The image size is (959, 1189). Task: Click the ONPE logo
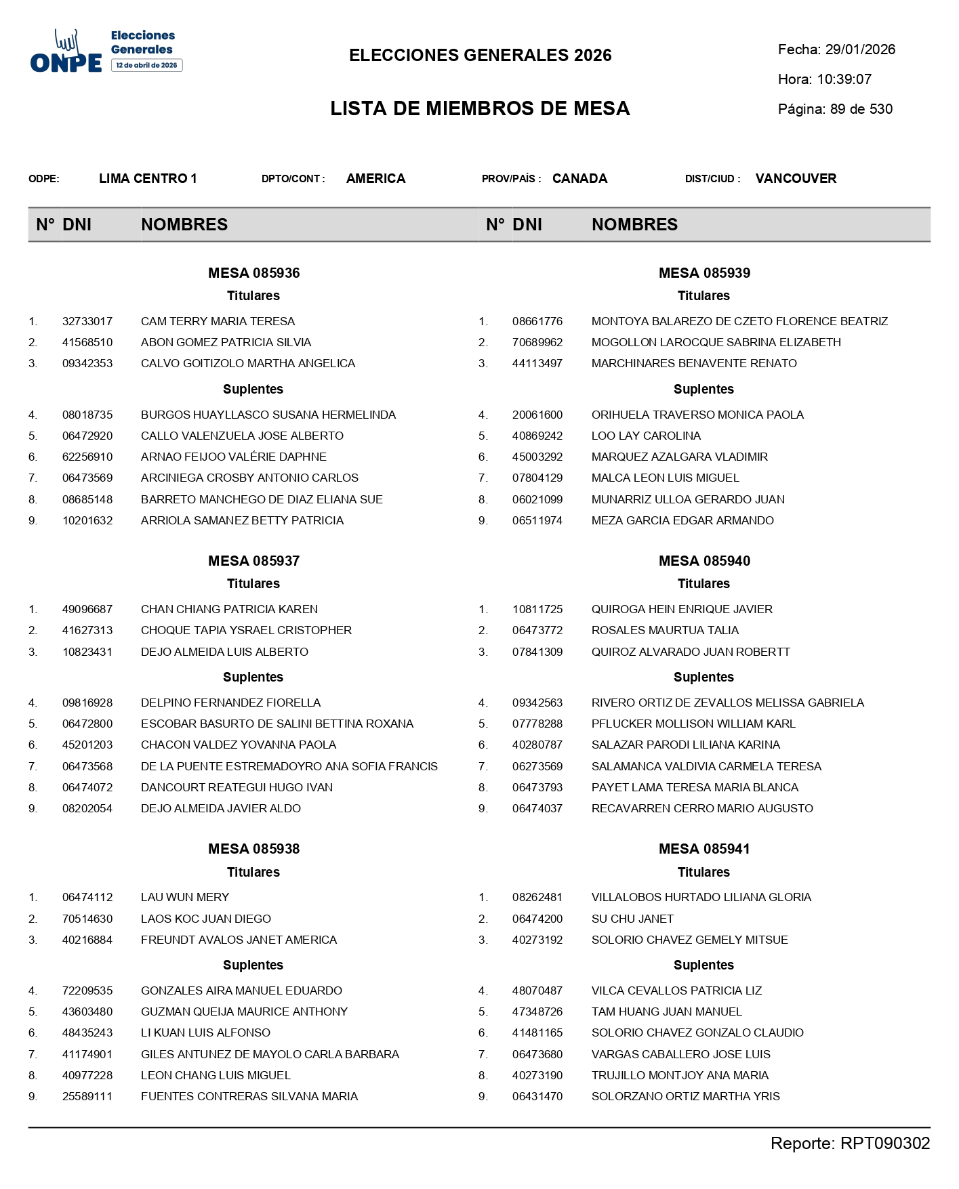[x=66, y=52]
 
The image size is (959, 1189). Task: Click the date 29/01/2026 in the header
[x=860, y=49]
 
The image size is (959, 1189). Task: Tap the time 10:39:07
[x=844, y=79]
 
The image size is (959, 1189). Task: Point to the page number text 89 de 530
[x=861, y=109]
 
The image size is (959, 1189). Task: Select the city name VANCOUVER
[x=796, y=179]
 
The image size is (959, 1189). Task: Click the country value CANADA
[x=579, y=179]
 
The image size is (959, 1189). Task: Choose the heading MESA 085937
[x=253, y=561]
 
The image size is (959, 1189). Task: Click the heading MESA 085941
[x=704, y=849]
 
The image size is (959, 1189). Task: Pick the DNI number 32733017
[x=87, y=321]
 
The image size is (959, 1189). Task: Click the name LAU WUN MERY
[x=185, y=897]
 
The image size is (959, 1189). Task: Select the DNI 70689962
[x=537, y=342]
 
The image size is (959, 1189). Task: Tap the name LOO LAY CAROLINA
[x=646, y=436]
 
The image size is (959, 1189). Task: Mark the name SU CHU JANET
[x=632, y=919]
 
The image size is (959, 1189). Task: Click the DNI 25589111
[x=87, y=1096]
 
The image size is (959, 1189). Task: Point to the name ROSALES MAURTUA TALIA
[x=665, y=630]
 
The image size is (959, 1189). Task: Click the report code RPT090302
[x=884, y=1144]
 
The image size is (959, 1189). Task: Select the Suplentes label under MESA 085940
[x=703, y=677]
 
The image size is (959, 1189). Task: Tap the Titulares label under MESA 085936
[x=253, y=295]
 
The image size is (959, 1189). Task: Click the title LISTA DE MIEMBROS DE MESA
[x=480, y=108]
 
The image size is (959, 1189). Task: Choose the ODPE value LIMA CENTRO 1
[x=148, y=179]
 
